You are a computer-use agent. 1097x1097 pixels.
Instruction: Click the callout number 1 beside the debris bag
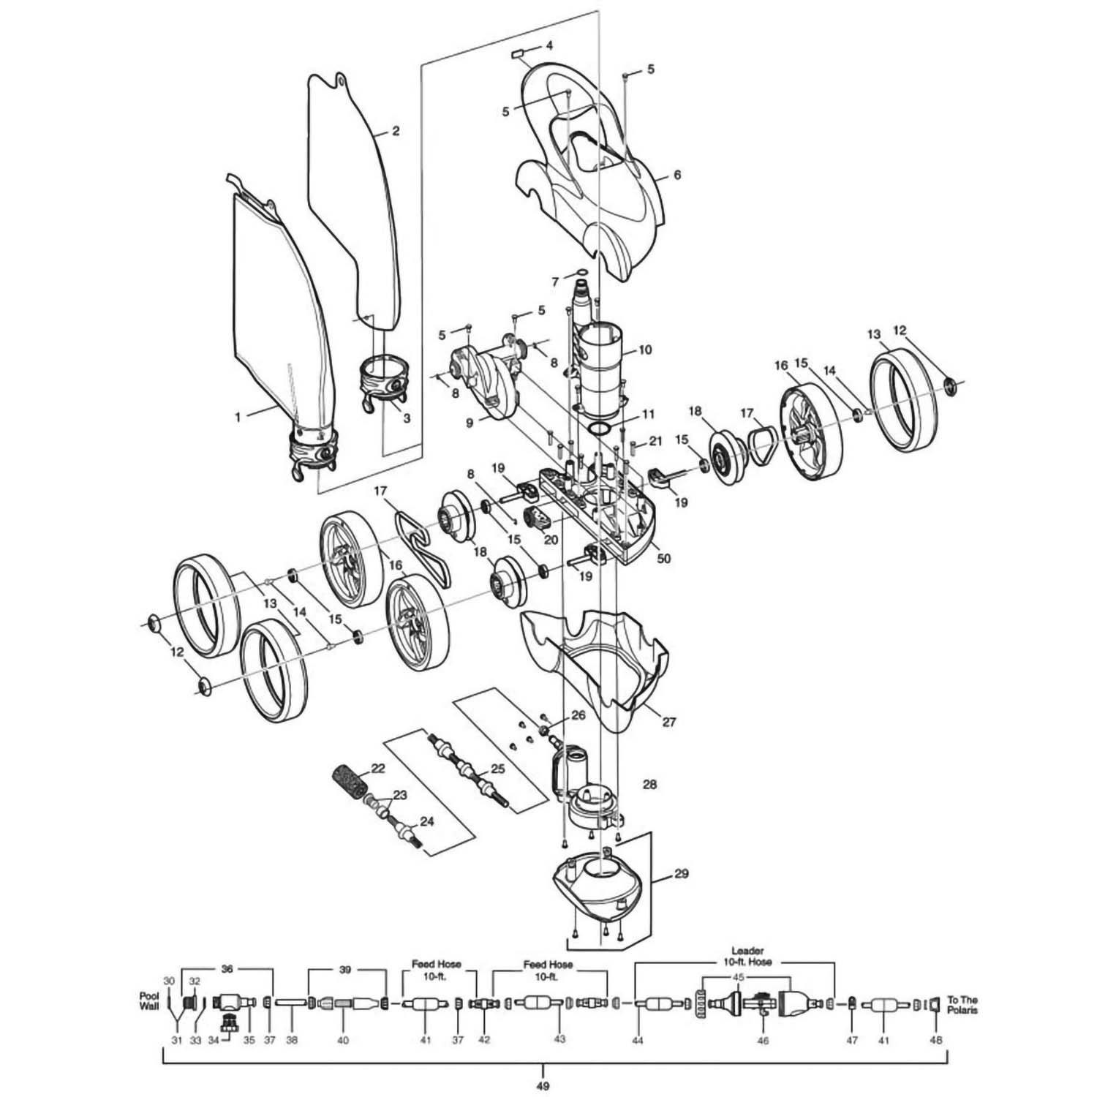tap(237, 417)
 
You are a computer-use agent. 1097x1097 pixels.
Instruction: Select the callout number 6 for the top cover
tap(676, 175)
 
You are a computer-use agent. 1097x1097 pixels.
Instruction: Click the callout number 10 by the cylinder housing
tap(644, 350)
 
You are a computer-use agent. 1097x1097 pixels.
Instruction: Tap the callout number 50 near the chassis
tap(664, 559)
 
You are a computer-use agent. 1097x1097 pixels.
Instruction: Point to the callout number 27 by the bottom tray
tap(668, 723)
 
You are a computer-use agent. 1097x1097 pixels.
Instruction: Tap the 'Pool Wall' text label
tap(148, 1001)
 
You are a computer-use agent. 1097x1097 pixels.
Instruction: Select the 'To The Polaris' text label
tap(962, 1005)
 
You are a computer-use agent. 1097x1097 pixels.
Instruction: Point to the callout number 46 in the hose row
tap(763, 1040)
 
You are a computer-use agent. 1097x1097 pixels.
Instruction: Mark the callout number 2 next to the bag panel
tap(396, 132)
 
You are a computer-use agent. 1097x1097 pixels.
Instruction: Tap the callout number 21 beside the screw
tap(655, 442)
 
